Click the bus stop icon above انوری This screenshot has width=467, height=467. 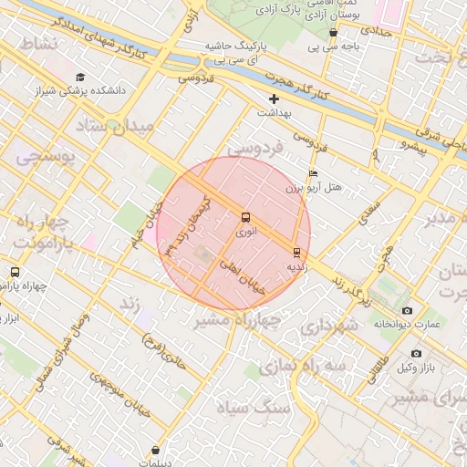tap(245, 217)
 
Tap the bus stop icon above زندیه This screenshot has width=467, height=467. tap(296, 253)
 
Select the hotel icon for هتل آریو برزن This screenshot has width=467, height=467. tap(314, 173)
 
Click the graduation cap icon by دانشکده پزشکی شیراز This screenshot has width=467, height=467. tap(80, 78)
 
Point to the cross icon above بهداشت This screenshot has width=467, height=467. tap(274, 98)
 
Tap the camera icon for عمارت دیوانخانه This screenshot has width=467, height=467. tap(406, 310)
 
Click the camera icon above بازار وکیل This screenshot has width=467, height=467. tap(416, 353)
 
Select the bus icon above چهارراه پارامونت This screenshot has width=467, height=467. tap(14, 272)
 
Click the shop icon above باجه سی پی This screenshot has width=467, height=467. tap(333, 33)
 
